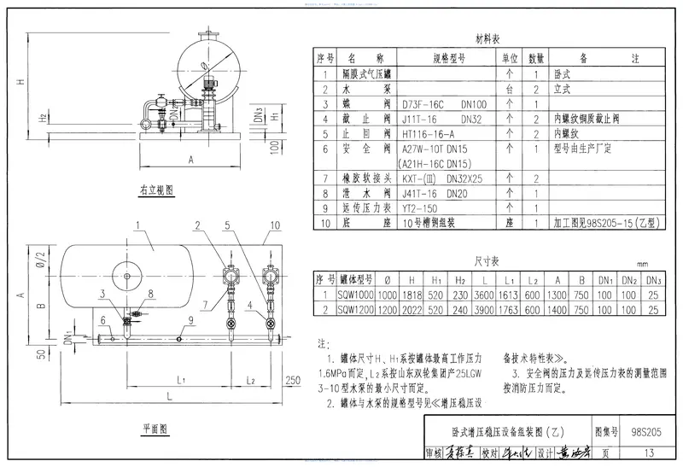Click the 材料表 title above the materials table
point(487,38)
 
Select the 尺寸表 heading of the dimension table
point(487,260)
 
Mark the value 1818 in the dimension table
point(415,295)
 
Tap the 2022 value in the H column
point(415,310)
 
